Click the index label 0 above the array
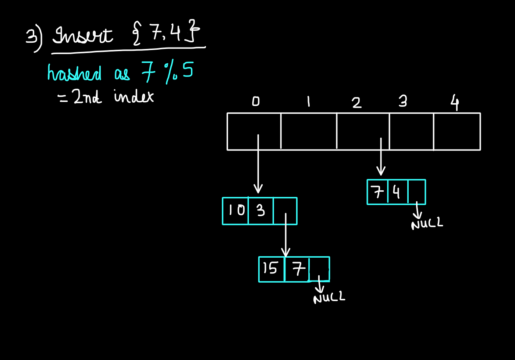click(x=256, y=101)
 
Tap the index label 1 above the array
click(x=309, y=102)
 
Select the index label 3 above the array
click(x=403, y=101)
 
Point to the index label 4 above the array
click(x=455, y=102)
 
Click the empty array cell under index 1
click(x=309, y=131)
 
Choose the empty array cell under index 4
click(x=457, y=131)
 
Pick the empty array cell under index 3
click(x=412, y=131)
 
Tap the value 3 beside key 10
click(x=261, y=210)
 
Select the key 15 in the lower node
click(x=270, y=268)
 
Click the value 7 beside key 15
click(x=298, y=269)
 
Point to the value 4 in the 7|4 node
click(x=397, y=192)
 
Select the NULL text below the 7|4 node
click(x=427, y=223)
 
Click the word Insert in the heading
click(x=83, y=35)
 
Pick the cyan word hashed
click(x=74, y=73)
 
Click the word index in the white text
click(x=134, y=96)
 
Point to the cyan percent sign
click(x=171, y=73)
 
